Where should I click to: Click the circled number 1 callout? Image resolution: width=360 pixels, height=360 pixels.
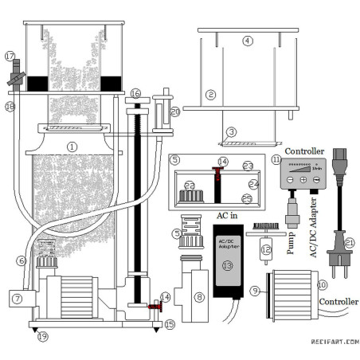pos(72,146)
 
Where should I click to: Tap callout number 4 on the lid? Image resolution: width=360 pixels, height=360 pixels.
pos(248,40)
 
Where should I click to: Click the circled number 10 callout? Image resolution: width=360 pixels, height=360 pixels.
pos(323,284)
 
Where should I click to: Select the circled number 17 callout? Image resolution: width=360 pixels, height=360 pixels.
pos(10,57)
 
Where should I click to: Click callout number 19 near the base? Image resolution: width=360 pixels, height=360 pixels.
pos(42,336)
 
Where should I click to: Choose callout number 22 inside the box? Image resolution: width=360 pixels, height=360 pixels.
pos(190,185)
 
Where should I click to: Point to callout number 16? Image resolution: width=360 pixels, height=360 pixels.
pos(135,94)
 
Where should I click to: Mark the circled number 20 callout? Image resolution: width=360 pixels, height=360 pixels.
pos(174,112)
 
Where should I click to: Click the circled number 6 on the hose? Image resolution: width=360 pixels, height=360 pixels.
pos(21,260)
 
